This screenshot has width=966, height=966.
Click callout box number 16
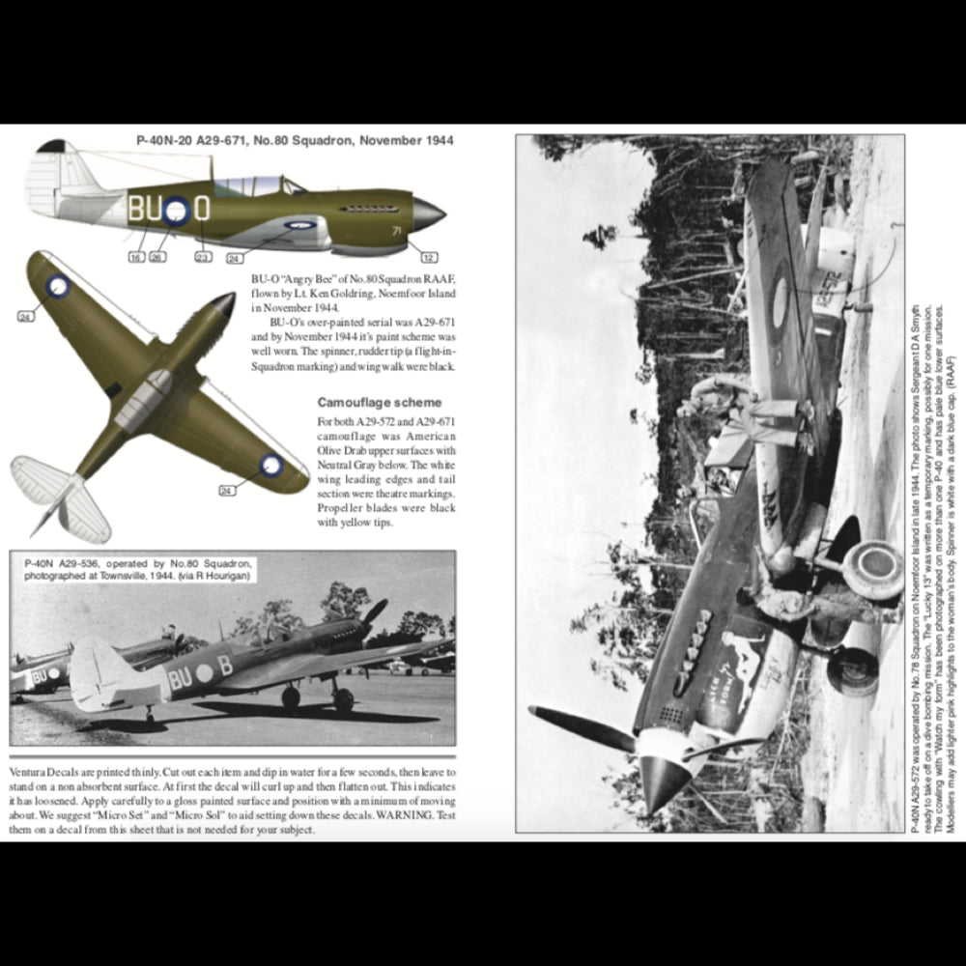click(x=135, y=258)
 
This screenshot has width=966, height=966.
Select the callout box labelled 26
click(x=157, y=258)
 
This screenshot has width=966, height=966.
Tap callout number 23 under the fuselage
click(x=202, y=258)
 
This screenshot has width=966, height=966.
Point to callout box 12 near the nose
click(x=429, y=258)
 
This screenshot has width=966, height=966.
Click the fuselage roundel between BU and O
click(x=175, y=211)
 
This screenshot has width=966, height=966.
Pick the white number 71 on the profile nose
click(x=396, y=231)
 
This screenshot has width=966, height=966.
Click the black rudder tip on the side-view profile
click(x=51, y=147)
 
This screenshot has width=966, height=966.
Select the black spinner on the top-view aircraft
click(x=223, y=305)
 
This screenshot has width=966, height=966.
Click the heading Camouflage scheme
click(x=380, y=402)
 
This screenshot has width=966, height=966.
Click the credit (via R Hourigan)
click(x=221, y=577)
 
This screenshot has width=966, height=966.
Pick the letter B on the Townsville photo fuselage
click(x=224, y=667)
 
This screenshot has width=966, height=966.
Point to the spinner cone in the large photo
click(x=664, y=781)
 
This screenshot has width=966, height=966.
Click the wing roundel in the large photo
click(x=779, y=300)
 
